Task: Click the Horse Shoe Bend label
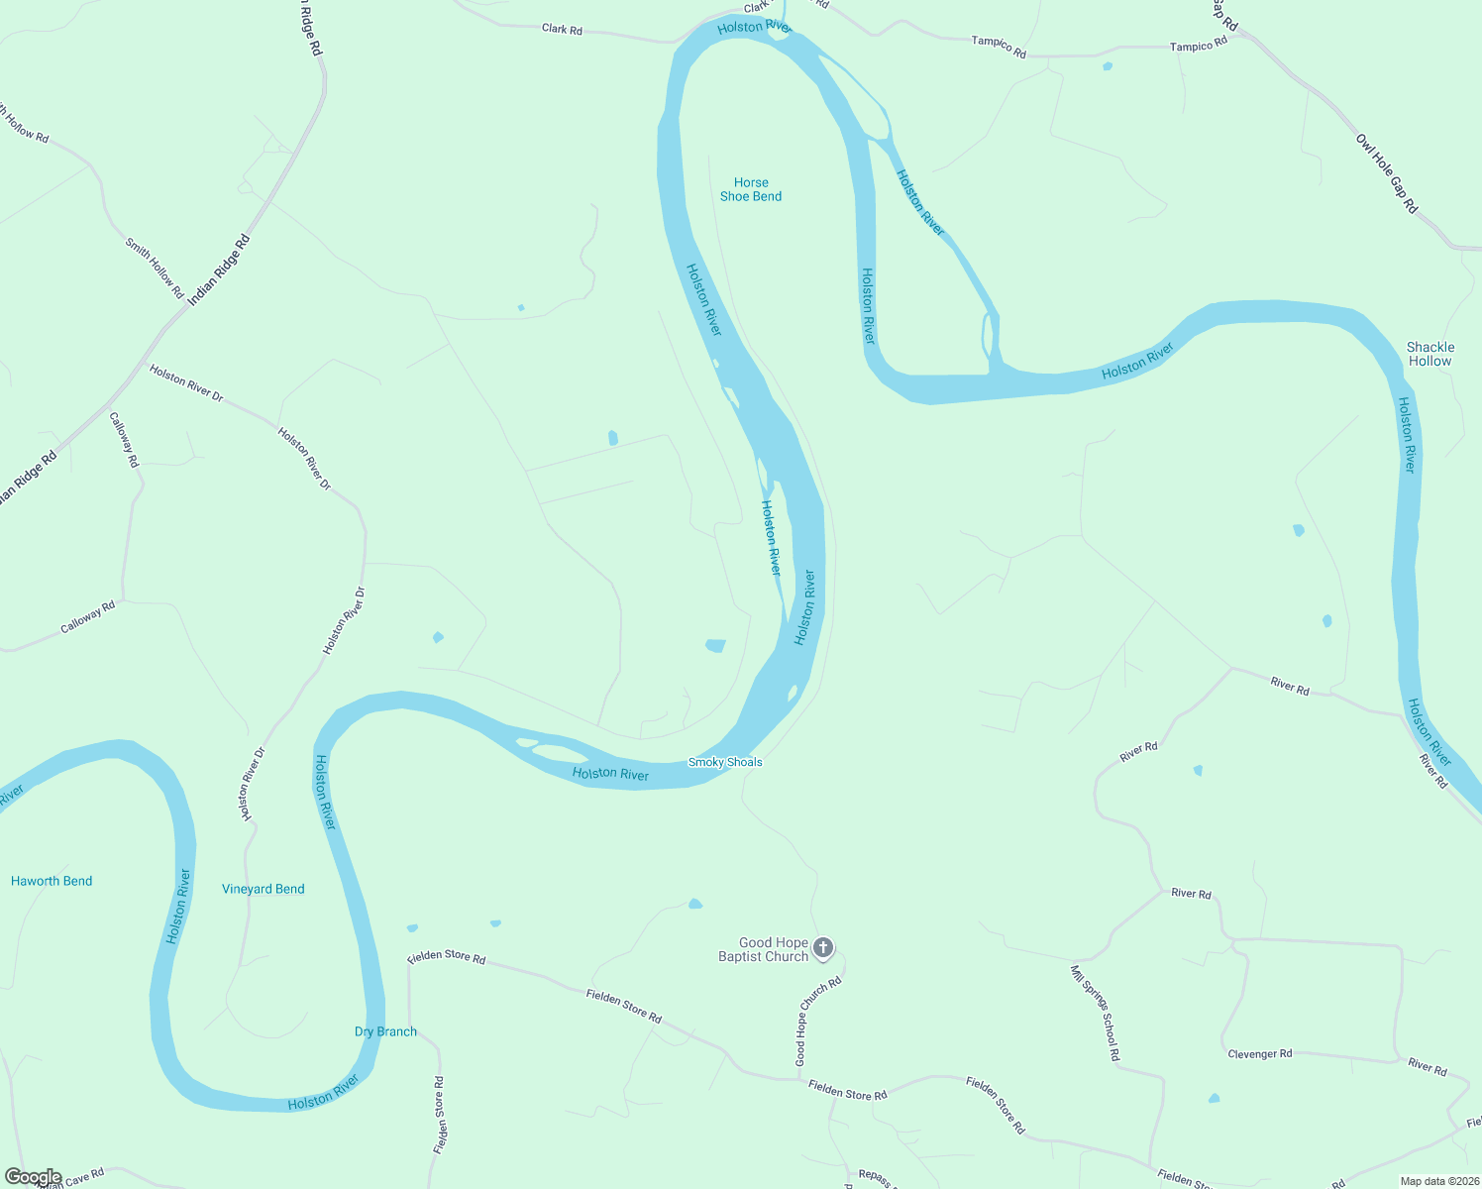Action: (751, 189)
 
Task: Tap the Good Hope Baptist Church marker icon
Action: (823, 948)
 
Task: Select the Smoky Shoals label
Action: (725, 762)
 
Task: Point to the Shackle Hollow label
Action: (1430, 354)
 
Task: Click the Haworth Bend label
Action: (52, 881)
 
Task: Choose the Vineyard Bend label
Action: (264, 889)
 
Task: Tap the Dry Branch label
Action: (385, 1031)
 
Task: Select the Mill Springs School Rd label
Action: (1095, 1013)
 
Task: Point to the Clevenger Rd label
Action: (1259, 1053)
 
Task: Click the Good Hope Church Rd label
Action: (819, 1021)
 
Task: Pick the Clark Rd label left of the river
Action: (562, 30)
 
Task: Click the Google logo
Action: (33, 1177)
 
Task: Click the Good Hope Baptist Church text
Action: (764, 949)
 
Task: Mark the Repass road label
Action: (875, 1176)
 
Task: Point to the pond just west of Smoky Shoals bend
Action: (715, 646)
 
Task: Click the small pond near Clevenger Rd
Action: (1214, 1099)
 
